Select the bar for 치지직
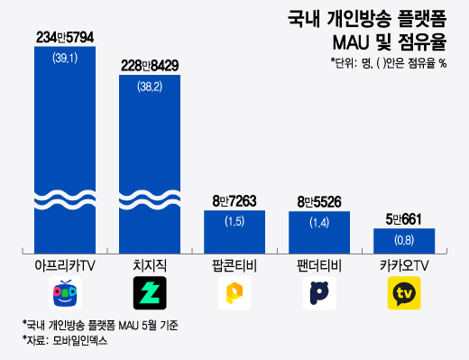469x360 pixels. coord(150,162)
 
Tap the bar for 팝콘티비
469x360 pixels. coord(234,231)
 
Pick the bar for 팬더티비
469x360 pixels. coord(320,231)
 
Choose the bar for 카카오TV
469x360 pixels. coord(404,240)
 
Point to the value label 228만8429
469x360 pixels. coord(150,66)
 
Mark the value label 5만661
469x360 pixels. coord(404,219)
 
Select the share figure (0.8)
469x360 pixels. coord(404,240)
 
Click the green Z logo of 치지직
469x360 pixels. coord(150,293)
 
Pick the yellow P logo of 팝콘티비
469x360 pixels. coord(234,293)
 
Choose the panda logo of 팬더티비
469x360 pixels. coord(320,293)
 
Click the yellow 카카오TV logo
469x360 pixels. coord(404,293)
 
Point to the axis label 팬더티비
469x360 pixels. coord(320,266)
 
